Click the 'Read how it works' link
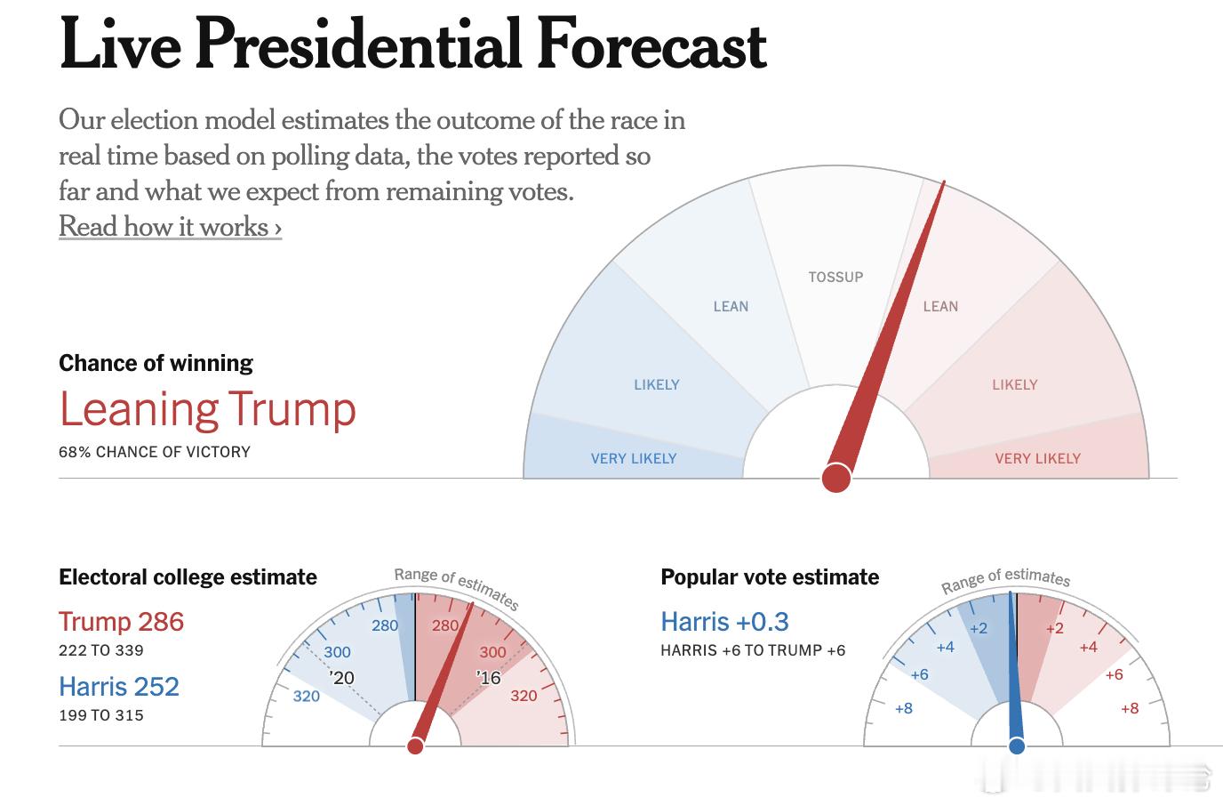click(170, 227)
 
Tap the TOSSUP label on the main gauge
click(835, 277)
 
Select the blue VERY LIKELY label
click(633, 458)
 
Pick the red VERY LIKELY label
click(1037, 458)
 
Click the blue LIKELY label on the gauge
click(656, 384)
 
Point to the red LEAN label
click(940, 306)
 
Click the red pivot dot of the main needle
click(836, 478)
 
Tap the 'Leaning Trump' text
click(207, 409)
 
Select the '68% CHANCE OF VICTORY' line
click(155, 452)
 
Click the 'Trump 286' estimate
click(121, 621)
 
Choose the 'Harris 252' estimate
click(119, 686)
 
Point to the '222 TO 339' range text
click(100, 650)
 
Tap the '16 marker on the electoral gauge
click(489, 678)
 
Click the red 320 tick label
click(524, 696)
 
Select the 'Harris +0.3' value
click(724, 621)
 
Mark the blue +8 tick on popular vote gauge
click(903, 708)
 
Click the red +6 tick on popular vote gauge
click(1114, 674)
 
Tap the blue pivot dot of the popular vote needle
click(1017, 746)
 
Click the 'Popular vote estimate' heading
click(770, 577)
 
